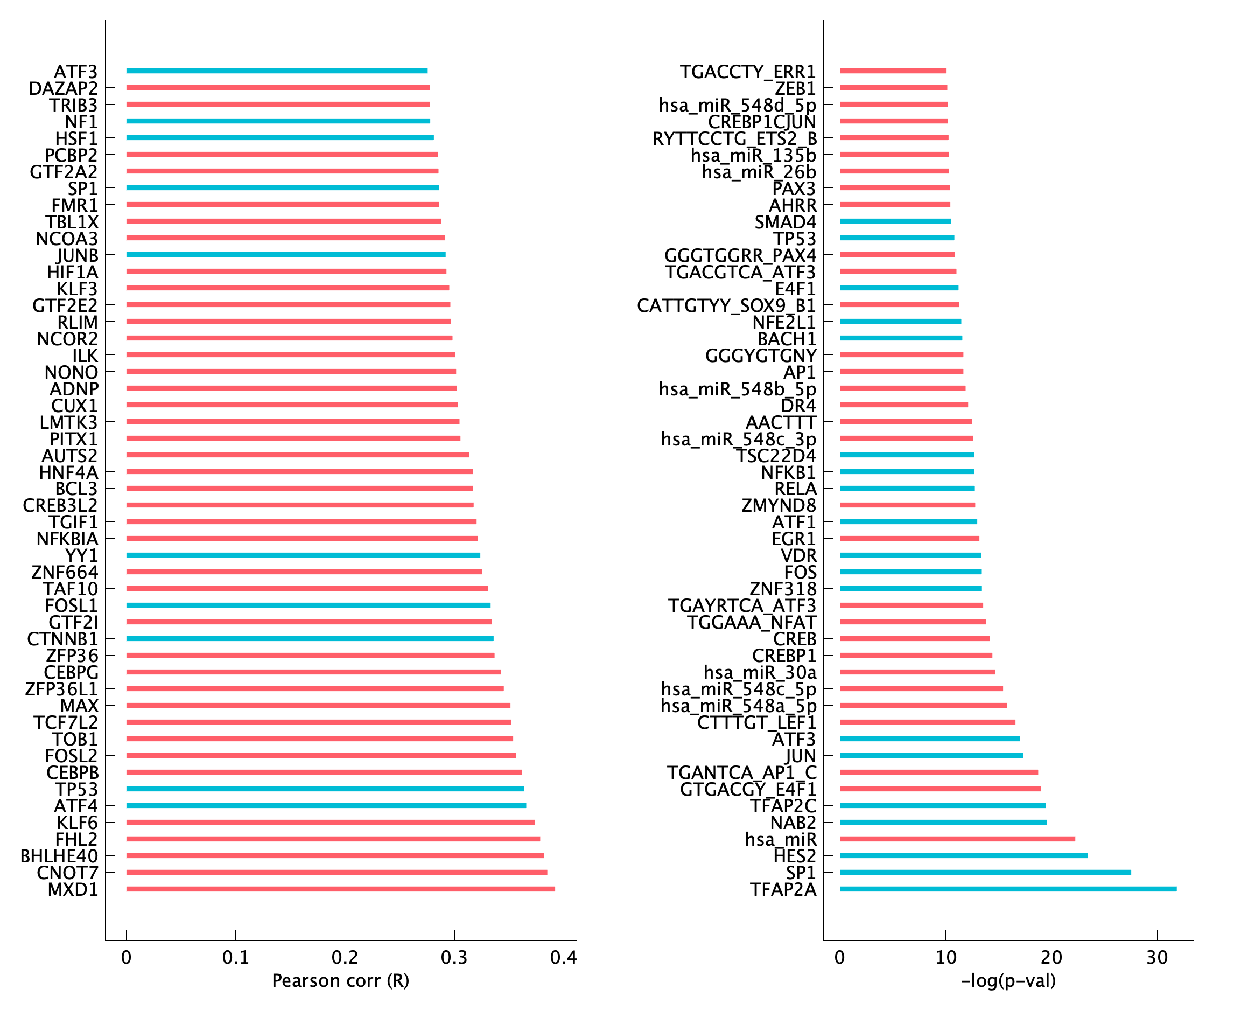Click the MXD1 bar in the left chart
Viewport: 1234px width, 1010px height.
[x=340, y=889]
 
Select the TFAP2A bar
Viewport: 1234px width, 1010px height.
[x=1008, y=889]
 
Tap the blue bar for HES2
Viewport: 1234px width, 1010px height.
[x=963, y=856]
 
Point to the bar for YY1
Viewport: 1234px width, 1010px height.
[x=303, y=555]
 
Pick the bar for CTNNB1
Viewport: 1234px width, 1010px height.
[x=310, y=639]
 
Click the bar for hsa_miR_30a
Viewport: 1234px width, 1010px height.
[x=917, y=672]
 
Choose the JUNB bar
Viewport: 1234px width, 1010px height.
[x=285, y=255]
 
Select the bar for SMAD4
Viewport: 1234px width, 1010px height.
[x=895, y=221]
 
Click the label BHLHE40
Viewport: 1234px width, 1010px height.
[x=59, y=856]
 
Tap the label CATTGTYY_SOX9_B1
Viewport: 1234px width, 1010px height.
[x=726, y=305]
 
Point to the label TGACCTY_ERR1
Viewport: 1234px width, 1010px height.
[x=748, y=72]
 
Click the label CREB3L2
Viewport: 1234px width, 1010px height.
[x=60, y=506]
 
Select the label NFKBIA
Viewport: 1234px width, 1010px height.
[x=67, y=539]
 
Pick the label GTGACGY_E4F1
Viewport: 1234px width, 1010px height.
[x=748, y=790]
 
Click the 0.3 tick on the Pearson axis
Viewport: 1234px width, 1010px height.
[x=454, y=941]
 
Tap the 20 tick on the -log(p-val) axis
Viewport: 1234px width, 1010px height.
[x=1051, y=941]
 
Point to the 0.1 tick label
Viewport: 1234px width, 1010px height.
[x=235, y=958]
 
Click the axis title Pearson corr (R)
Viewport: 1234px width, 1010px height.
[x=341, y=981]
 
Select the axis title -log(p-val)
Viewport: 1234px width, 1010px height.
[x=1008, y=981]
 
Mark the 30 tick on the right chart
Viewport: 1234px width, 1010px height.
[x=1157, y=941]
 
